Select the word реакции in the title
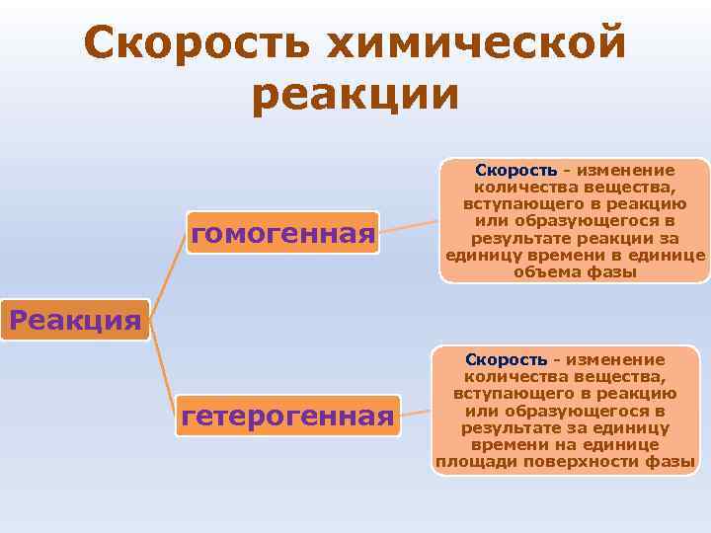355,95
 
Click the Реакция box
74,320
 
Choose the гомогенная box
283,234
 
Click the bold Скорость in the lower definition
507,360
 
